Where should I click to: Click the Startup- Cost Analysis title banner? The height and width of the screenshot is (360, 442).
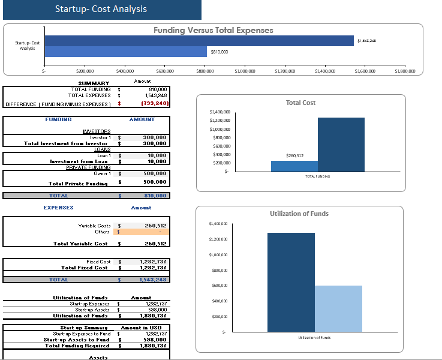tap(101, 10)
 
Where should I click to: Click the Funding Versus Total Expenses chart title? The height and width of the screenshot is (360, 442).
tap(213, 30)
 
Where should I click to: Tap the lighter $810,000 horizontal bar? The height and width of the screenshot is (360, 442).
tap(125, 52)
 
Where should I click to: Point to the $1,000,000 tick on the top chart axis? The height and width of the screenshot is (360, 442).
tap(245, 71)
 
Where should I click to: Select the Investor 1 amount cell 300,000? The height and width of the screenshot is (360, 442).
tap(154, 137)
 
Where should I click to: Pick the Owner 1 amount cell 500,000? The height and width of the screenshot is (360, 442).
tap(154, 173)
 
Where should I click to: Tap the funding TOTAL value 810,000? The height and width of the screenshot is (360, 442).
tap(154, 196)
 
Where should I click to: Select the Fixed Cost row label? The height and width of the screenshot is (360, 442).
tap(98, 262)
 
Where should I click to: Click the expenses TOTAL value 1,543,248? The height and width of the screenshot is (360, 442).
tap(153, 280)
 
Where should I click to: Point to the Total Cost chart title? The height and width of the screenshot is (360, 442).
tap(300, 103)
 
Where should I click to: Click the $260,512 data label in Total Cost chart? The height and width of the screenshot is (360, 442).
tap(294, 155)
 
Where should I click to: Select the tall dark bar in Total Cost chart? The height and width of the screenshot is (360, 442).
tap(341, 145)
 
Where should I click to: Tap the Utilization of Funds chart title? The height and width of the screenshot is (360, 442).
tap(299, 214)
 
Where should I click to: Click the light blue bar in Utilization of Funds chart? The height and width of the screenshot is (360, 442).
tap(338, 308)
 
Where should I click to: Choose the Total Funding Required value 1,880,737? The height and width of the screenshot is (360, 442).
tap(153, 346)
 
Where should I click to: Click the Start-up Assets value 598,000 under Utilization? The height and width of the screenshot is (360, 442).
tap(155, 310)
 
